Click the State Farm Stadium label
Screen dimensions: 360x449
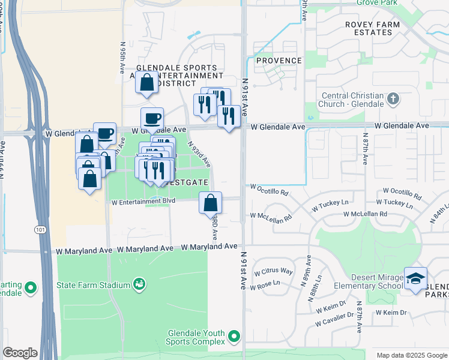pyautogui.click(x=94, y=284)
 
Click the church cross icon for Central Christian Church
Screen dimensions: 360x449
pyautogui.click(x=393, y=98)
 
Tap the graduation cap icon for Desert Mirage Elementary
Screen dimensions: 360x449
pyautogui.click(x=415, y=278)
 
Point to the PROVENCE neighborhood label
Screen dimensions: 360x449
pyautogui.click(x=279, y=61)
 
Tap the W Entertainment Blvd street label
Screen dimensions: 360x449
pyautogui.click(x=143, y=202)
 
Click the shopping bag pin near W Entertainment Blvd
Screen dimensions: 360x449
pyautogui.click(x=211, y=203)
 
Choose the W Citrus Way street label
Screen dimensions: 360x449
pyautogui.click(x=273, y=271)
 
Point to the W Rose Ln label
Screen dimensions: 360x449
pyautogui.click(x=267, y=283)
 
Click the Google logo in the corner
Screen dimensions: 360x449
pyautogui.click(x=19, y=353)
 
